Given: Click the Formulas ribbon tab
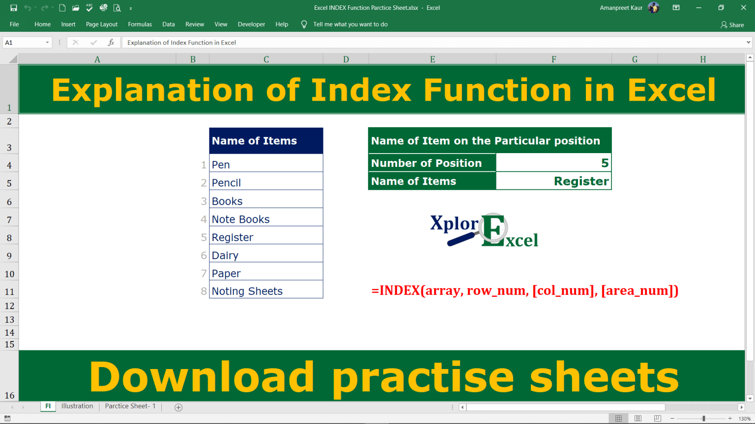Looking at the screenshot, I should (x=140, y=24).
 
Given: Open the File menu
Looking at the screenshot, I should (x=14, y=24).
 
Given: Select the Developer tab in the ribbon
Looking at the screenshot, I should (x=251, y=24).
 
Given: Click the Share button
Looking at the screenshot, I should (x=732, y=25).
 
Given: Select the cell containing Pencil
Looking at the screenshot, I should (x=265, y=183).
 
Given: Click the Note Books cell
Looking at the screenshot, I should (x=265, y=219).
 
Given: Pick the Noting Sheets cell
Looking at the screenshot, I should (x=265, y=291).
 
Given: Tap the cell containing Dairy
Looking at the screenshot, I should (x=265, y=255).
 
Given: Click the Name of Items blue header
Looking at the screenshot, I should (x=265, y=141).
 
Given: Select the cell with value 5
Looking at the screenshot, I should (x=553, y=163).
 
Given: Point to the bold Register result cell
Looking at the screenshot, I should (x=553, y=181).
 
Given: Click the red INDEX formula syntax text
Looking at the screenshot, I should (x=524, y=291).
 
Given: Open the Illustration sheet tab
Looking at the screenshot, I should (x=77, y=406).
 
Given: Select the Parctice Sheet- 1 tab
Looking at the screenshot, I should (x=130, y=406).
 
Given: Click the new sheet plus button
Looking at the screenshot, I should (x=178, y=407).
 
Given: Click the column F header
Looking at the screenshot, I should (x=553, y=59).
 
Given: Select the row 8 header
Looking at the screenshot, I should (x=9, y=238).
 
